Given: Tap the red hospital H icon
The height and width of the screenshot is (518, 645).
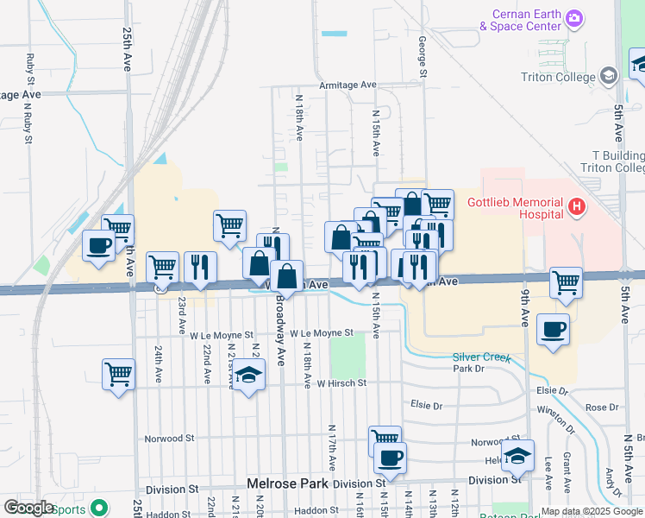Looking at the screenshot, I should click(x=578, y=207).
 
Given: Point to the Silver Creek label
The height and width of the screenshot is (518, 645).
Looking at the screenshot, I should click(x=481, y=357).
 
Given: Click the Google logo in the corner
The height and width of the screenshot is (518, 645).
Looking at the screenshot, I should click(x=29, y=508).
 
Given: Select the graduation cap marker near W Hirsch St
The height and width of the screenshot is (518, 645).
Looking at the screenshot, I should click(x=249, y=376).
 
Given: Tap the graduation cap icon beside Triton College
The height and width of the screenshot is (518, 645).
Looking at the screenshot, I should click(x=610, y=77).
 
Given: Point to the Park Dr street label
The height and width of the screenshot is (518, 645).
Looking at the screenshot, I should click(x=469, y=369).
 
